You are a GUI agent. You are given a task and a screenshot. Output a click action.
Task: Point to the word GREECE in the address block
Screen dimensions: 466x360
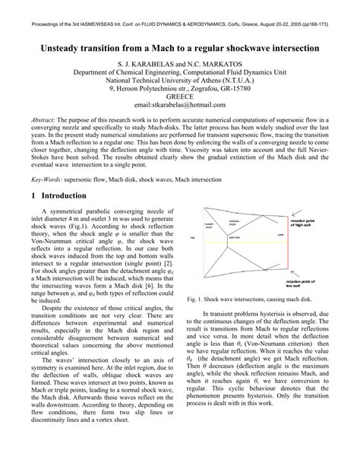click(180, 94)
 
